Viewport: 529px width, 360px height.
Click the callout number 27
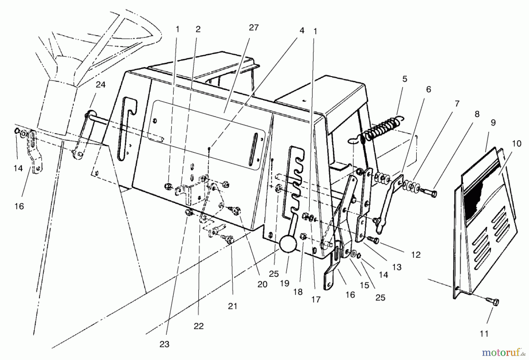click(x=253, y=28)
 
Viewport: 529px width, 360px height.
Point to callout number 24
click(x=100, y=85)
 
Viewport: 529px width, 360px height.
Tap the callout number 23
click(x=164, y=344)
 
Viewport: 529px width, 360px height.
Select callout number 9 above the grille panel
click(x=493, y=123)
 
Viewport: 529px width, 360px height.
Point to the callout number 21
click(x=232, y=306)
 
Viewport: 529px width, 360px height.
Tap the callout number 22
click(x=198, y=326)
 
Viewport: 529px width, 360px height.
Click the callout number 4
click(x=302, y=31)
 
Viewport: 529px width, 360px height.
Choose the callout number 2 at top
click(x=198, y=29)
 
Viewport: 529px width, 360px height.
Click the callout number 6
click(x=428, y=89)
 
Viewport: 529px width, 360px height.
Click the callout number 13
click(x=397, y=267)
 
